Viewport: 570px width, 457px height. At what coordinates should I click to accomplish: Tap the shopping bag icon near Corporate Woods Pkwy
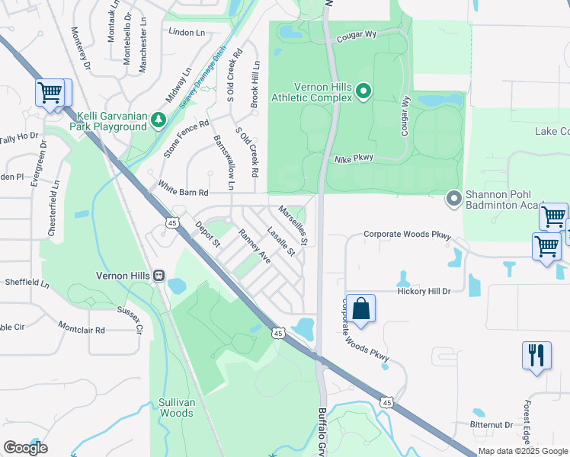point(360,308)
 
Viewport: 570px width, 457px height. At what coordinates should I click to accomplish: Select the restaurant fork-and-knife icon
point(536,356)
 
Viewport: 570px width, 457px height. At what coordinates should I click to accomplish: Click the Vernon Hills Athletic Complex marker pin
point(363,92)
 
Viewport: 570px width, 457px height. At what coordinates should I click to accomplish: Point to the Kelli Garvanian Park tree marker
point(158,119)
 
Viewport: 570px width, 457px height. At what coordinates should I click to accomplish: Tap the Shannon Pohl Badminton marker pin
point(453,199)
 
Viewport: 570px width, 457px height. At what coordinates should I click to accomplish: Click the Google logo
point(25,448)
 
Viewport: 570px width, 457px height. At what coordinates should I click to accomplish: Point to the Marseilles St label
point(293,225)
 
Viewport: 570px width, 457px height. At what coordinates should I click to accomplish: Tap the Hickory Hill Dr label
point(424,291)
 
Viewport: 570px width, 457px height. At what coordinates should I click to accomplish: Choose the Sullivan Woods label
point(175,407)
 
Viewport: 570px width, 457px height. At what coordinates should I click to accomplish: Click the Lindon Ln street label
point(188,33)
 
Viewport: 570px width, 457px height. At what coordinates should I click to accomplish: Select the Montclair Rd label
point(82,329)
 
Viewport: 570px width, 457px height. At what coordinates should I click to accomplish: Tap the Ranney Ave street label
point(255,246)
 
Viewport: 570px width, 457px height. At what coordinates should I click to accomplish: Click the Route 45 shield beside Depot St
point(171,222)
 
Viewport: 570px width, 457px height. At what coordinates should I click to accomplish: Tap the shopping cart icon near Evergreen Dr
point(50,93)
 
